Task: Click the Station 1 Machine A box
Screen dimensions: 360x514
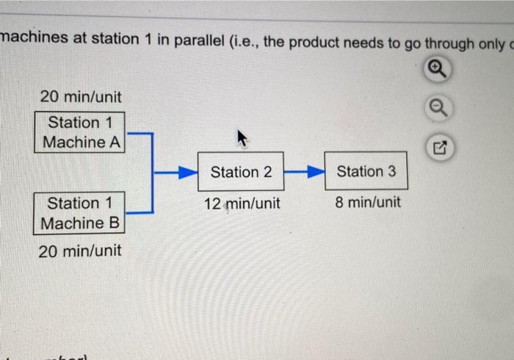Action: tap(80, 132)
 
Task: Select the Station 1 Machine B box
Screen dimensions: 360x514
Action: tap(80, 213)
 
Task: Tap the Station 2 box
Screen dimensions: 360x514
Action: tap(241, 172)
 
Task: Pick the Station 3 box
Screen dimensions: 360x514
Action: tap(366, 172)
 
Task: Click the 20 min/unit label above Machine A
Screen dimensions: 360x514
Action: tap(80, 97)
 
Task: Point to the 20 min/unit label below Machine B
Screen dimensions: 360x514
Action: tap(80, 251)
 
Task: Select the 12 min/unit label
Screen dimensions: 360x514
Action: tap(242, 204)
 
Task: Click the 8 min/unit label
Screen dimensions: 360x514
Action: tap(368, 202)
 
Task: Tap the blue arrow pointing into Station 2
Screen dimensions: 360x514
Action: tap(179, 173)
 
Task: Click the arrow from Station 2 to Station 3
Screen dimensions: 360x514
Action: tap(303, 173)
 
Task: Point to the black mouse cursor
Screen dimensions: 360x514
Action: tap(241, 137)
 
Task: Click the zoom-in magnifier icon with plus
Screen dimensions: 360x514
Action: tap(435, 69)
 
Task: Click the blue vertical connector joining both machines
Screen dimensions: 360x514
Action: tap(152, 173)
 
